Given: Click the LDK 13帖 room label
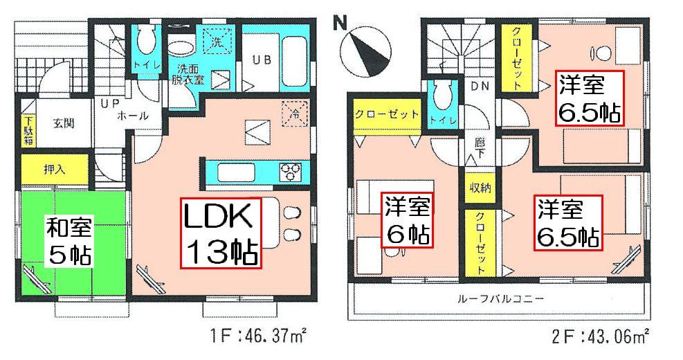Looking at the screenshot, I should [220, 233].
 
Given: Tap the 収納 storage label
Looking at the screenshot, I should [477, 188].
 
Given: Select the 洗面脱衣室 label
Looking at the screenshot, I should [188, 74].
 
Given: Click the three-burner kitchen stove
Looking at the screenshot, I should [289, 170].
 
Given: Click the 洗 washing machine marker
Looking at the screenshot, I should [216, 41].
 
